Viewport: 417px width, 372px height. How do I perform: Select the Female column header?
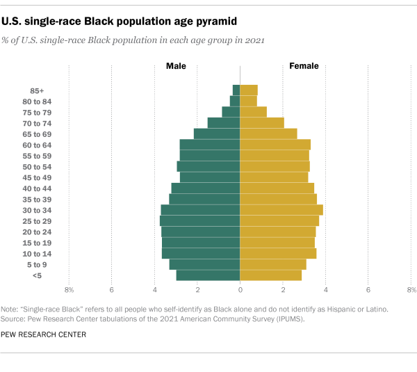(x=304, y=66)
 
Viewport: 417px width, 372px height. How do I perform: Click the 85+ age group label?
(x=38, y=90)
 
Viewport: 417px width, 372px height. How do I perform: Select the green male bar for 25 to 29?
(x=200, y=220)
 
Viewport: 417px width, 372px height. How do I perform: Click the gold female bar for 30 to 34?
(x=281, y=210)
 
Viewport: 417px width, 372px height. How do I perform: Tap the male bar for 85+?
(x=236, y=90)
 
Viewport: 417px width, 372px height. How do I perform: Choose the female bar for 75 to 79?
(x=253, y=112)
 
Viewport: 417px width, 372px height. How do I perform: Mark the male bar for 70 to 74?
(x=224, y=123)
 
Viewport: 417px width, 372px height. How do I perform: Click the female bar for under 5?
(x=270, y=275)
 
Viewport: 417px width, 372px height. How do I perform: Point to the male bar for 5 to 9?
(x=205, y=264)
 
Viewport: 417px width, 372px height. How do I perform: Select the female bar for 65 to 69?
(x=268, y=134)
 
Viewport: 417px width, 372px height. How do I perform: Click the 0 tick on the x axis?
(x=240, y=289)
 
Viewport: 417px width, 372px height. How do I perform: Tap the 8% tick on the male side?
(x=69, y=289)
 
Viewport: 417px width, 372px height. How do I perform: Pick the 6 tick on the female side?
(x=368, y=289)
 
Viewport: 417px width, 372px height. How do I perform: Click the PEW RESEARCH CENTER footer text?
(x=44, y=334)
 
